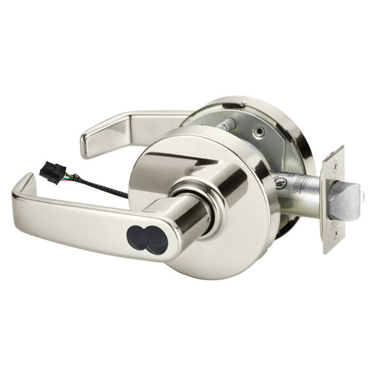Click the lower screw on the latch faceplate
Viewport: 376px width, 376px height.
click(x=333, y=240)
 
